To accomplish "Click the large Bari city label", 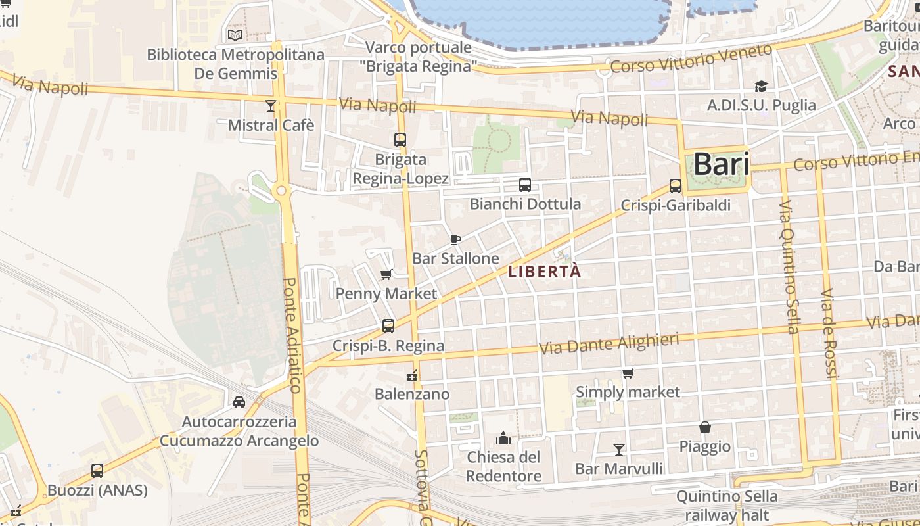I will [x=721, y=164].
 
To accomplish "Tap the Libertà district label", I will [x=545, y=272].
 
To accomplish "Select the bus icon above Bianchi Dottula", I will [x=524, y=185].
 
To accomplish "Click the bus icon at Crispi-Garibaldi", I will [x=675, y=186].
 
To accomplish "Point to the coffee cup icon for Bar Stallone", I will [x=455, y=239].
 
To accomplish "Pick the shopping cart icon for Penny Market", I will [x=386, y=274].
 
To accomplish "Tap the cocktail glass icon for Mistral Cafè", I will [x=270, y=106].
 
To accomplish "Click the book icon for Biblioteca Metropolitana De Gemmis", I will [x=235, y=35].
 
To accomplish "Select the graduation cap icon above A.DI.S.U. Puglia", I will [x=761, y=86].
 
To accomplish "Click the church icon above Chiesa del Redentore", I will [x=503, y=438].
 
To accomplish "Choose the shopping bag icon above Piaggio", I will [x=704, y=427].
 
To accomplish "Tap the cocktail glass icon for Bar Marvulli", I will [x=618, y=450].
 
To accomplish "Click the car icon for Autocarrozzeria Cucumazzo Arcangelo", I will [x=239, y=402].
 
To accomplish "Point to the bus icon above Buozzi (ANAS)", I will [x=97, y=471].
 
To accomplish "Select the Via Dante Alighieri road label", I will [x=609, y=343].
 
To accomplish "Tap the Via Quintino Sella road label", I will [x=788, y=266].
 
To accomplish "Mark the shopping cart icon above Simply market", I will [x=628, y=373].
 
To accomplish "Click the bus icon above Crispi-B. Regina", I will [x=388, y=326].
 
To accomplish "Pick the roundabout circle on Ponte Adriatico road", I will [x=281, y=191].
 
